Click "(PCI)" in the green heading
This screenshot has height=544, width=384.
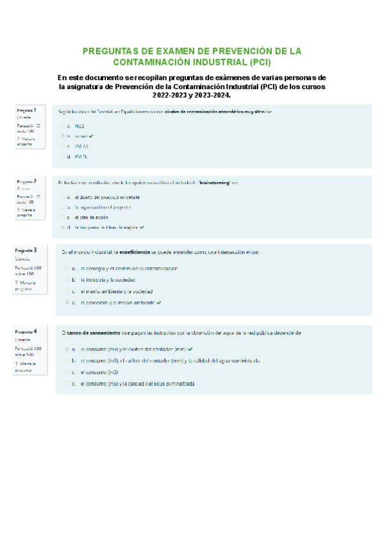(x=260, y=62)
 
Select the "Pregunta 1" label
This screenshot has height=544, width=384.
(x=26, y=110)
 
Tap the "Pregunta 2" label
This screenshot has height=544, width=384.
(x=26, y=182)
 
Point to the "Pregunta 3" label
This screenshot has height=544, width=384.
(x=26, y=250)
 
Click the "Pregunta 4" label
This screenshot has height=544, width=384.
(x=26, y=331)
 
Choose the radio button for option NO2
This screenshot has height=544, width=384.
(x=63, y=126)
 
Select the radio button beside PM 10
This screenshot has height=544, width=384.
(x=63, y=156)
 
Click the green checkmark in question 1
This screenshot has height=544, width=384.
(x=92, y=136)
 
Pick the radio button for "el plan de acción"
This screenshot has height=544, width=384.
(x=63, y=217)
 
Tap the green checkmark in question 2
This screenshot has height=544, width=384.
(x=142, y=227)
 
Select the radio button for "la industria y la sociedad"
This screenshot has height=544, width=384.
(x=67, y=280)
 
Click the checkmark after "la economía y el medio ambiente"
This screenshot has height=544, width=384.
(x=158, y=302)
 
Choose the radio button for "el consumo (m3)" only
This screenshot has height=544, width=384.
(x=67, y=372)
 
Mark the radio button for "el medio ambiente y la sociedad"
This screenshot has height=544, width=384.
(x=67, y=291)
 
